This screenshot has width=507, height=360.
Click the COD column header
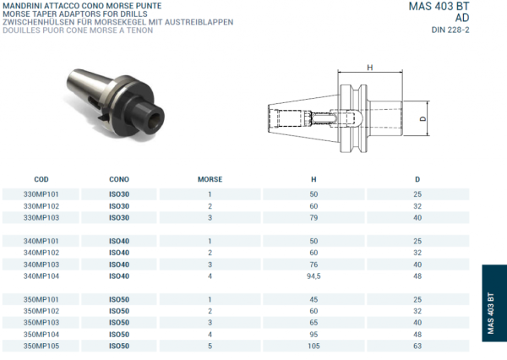click(41, 180)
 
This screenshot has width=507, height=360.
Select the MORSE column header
click(210, 180)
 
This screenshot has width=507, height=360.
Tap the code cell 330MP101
click(41, 194)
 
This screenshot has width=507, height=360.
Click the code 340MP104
click(41, 275)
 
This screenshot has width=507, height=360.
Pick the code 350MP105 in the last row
click(41, 346)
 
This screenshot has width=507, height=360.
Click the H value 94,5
click(313, 275)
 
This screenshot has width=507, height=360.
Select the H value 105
click(313, 346)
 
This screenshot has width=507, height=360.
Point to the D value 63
click(417, 346)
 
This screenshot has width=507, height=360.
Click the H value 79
click(313, 217)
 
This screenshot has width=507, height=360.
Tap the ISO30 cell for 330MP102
click(119, 206)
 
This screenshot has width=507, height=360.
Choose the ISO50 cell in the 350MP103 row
click(119, 322)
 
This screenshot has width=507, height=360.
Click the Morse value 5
click(210, 346)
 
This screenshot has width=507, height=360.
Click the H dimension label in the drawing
click(369, 68)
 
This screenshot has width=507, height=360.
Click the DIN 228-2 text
click(450, 30)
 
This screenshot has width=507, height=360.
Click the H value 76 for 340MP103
click(313, 264)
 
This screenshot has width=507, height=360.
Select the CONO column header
click(119, 180)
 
